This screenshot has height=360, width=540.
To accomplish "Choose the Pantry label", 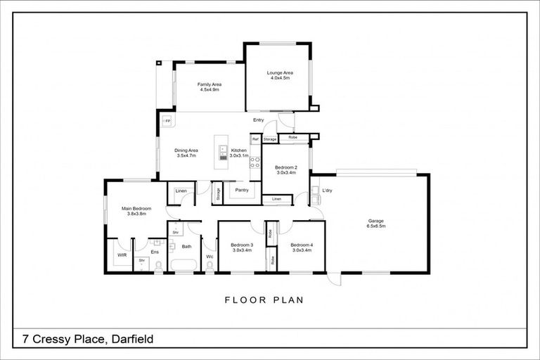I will (242, 190).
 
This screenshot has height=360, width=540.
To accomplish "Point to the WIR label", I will (122, 255).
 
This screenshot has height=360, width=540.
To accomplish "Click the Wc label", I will (210, 257).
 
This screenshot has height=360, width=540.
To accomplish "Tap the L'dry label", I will (326, 191).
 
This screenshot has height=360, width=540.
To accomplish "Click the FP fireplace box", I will (167, 122).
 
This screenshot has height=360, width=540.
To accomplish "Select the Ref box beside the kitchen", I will (255, 139).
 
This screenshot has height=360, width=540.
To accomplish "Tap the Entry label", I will (258, 120).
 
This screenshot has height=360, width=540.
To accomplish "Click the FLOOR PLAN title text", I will (264, 300).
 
